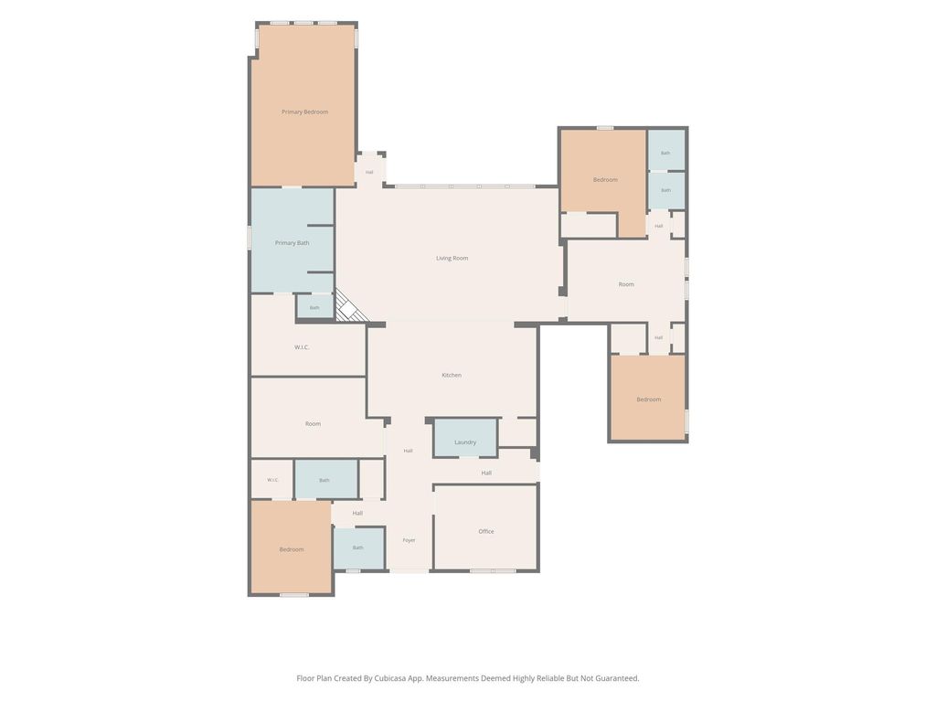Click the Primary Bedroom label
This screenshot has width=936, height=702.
(304, 112)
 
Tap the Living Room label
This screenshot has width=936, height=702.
(452, 259)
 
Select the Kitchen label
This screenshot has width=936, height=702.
(452, 375)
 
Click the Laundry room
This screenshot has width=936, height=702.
(465, 438)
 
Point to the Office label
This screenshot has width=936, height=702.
(486, 531)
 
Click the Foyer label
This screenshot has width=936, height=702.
(409, 540)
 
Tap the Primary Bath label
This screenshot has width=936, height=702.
(292, 243)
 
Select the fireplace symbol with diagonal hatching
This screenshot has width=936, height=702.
(349, 305)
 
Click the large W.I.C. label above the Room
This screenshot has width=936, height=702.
(302, 347)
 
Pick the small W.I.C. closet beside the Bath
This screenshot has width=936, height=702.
(272, 479)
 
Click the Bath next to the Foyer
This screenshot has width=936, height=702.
(358, 548)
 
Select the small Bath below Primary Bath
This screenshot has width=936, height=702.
(315, 307)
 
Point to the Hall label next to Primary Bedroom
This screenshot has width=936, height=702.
(369, 173)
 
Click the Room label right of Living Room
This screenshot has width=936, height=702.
(626, 284)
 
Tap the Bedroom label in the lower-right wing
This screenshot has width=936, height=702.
(648, 399)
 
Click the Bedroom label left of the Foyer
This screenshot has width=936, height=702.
(292, 549)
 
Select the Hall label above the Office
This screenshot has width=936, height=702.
(486, 473)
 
